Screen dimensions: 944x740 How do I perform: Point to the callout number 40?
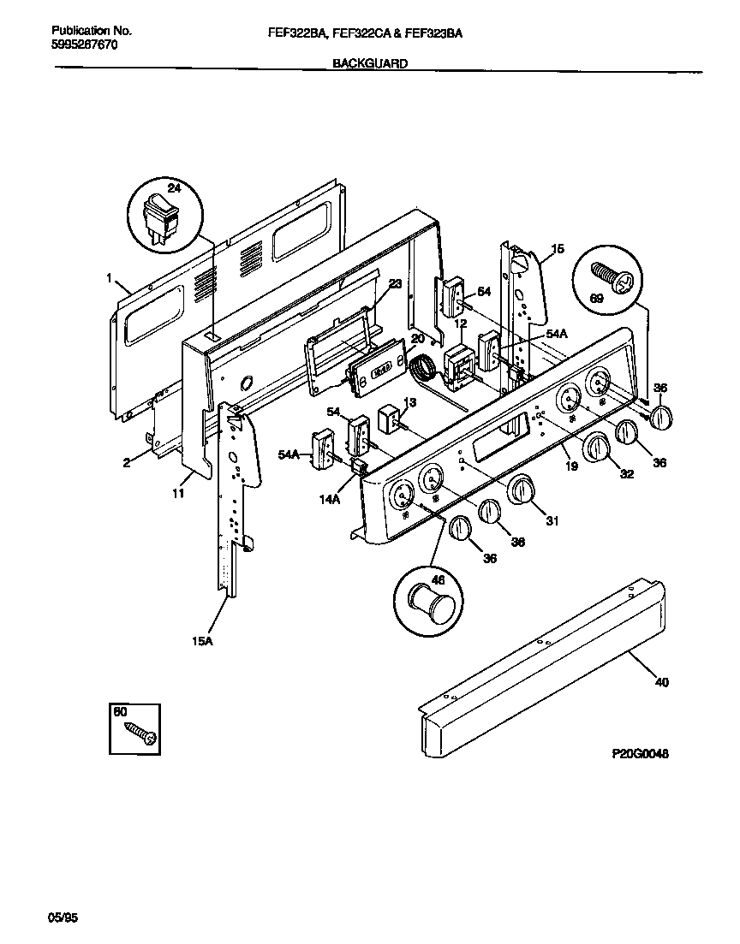pos(660,682)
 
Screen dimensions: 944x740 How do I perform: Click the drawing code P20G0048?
pos(640,753)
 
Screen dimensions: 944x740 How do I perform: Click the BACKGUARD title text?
pos(369,63)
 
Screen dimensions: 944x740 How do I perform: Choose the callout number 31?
pos(552,521)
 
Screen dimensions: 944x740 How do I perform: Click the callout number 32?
pos(626,474)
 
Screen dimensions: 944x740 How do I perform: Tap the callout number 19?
pos(571,466)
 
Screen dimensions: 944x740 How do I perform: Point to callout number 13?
pos(409,401)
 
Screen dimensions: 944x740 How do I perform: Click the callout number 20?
pos(417,339)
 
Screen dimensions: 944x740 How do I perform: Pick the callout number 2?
pos(127,462)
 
